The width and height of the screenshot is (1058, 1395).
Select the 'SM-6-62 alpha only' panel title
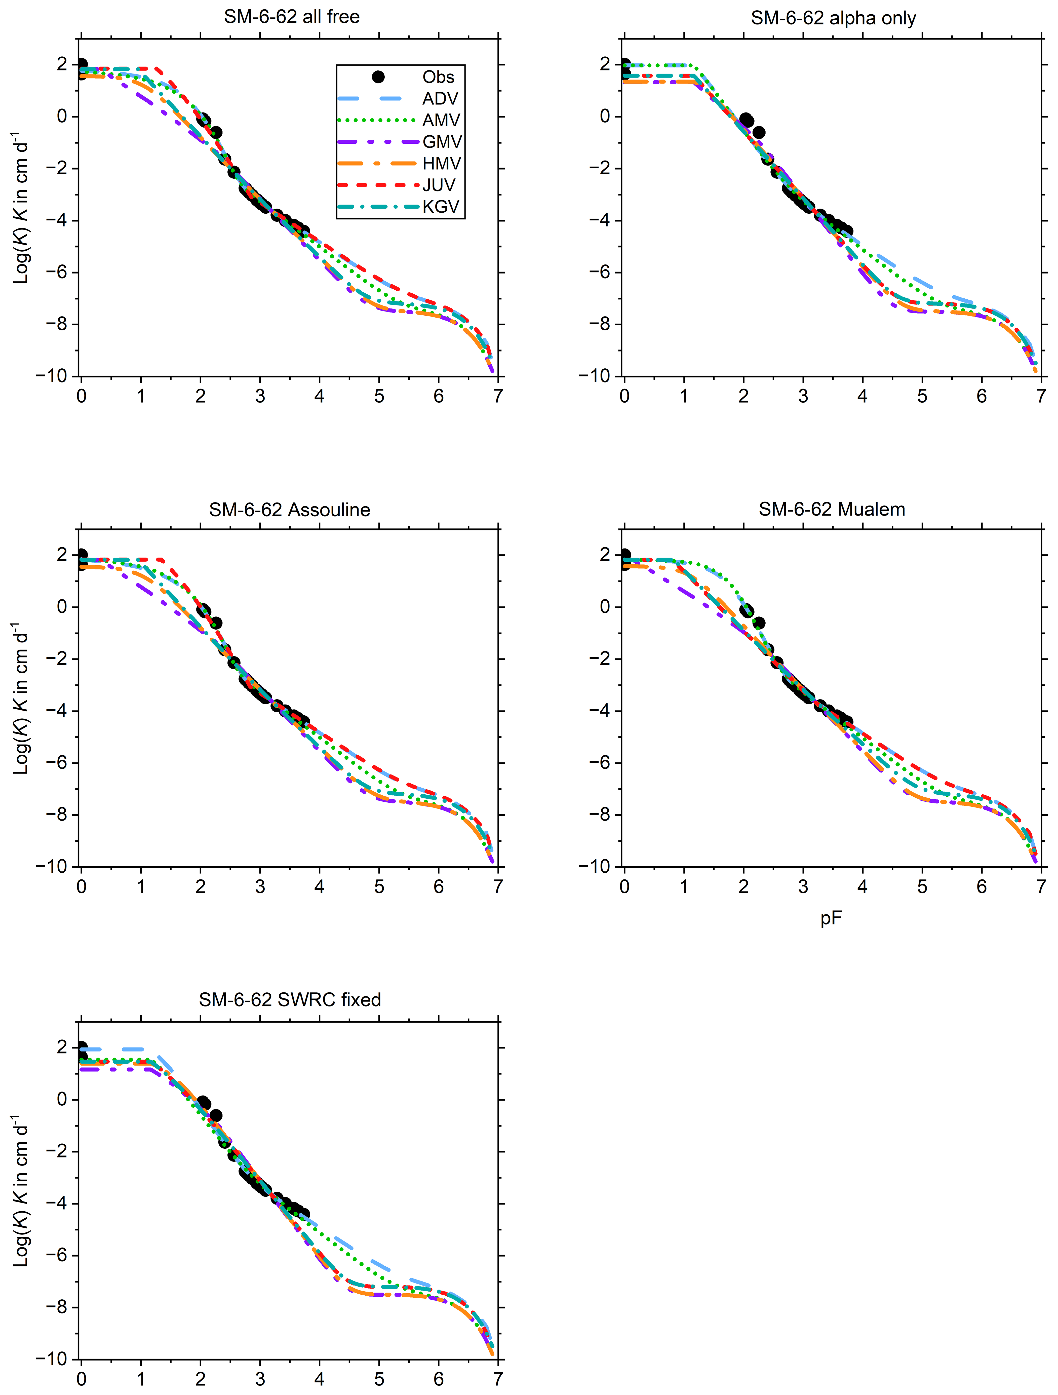pyautogui.click(x=833, y=18)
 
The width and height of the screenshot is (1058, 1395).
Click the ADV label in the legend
pyautogui.click(x=440, y=98)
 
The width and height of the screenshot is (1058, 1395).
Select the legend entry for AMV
pyautogui.click(x=441, y=120)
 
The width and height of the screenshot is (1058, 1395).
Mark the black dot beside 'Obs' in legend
pyautogui.click(x=378, y=77)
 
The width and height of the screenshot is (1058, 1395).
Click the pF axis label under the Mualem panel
pyautogui.click(x=831, y=918)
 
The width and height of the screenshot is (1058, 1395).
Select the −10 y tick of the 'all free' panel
pyautogui.click(x=52, y=376)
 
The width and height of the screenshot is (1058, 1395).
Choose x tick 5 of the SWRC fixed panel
pyautogui.click(x=379, y=1379)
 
